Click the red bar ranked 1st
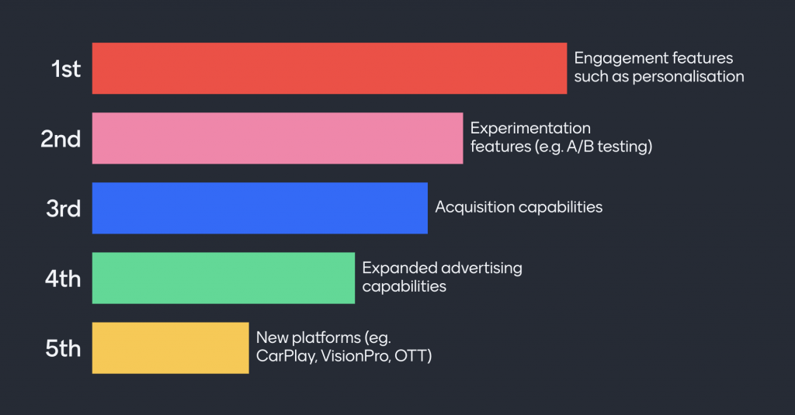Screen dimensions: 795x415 tap(329, 68)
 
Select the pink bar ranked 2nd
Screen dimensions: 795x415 tap(277, 138)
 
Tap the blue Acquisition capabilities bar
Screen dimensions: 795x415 tap(259, 208)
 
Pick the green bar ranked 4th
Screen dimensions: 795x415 tap(224, 278)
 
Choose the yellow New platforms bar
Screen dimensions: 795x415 tap(170, 348)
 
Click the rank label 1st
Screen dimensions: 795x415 tap(66, 69)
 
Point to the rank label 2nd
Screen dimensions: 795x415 tap(61, 139)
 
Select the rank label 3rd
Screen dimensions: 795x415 tap(64, 209)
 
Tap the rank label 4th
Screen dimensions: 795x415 tap(63, 278)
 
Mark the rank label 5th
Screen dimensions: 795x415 tap(63, 348)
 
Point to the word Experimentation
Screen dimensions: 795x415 tap(530, 128)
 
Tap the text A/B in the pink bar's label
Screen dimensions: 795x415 tap(580, 147)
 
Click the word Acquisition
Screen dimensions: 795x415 tap(474, 207)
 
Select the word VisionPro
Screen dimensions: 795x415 tap(356, 356)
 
